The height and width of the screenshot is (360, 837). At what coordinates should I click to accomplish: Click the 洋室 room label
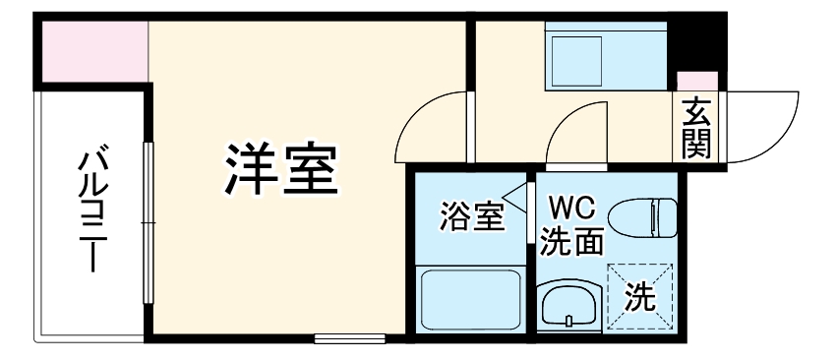point(281,169)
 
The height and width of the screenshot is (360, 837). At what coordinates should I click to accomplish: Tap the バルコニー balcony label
point(93,208)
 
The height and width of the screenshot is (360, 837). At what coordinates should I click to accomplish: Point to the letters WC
point(570,208)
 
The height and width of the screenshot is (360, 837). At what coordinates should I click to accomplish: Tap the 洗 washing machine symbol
point(640,295)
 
